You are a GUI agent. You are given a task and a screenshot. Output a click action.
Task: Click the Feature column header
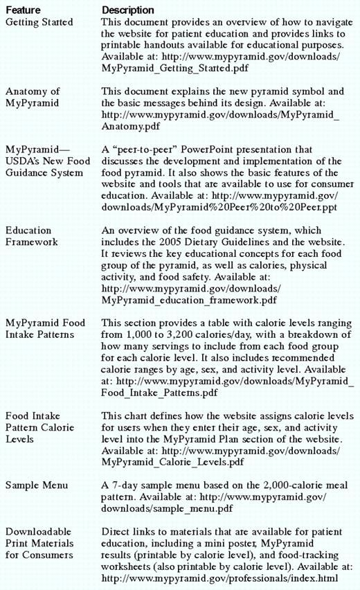click(x=24, y=10)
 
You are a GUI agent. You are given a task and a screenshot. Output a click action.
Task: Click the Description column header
click(x=128, y=10)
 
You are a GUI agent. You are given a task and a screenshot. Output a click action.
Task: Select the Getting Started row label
click(x=39, y=22)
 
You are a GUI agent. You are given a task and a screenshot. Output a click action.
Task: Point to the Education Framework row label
click(x=28, y=235)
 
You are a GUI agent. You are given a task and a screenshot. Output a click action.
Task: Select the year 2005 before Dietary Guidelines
click(x=191, y=242)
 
